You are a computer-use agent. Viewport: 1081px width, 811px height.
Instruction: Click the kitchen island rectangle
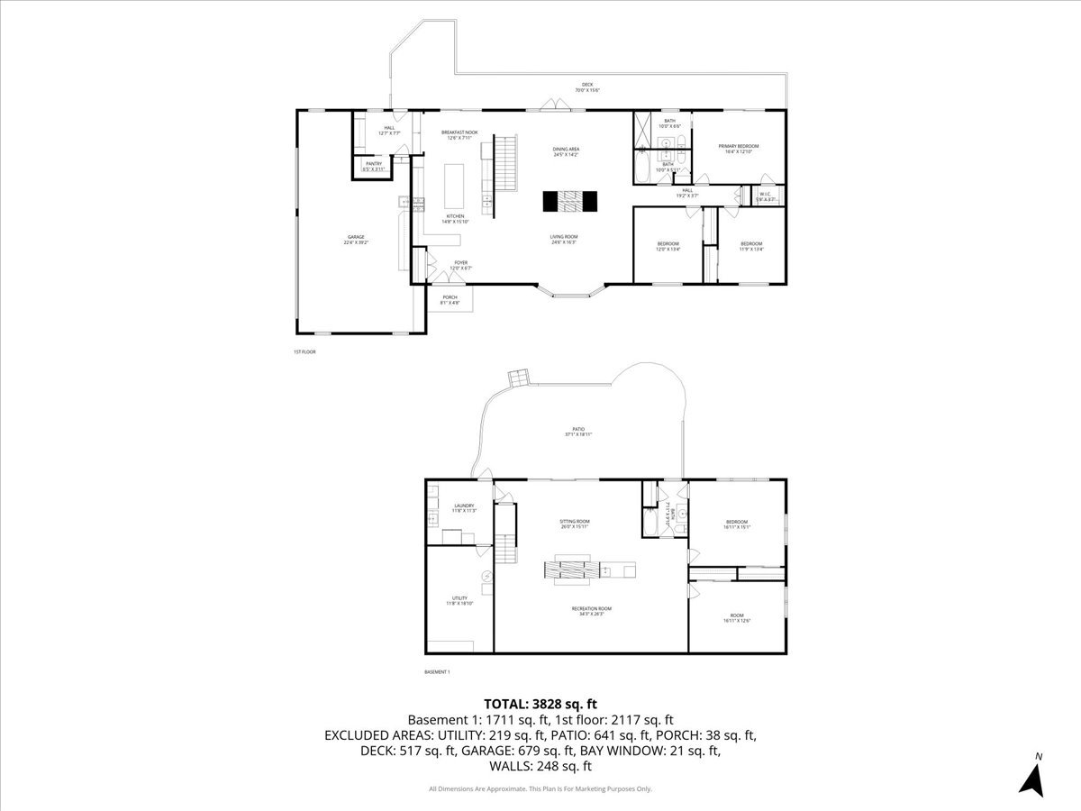pos(455,185)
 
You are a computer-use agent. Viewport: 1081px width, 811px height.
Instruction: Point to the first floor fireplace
pos(569,202)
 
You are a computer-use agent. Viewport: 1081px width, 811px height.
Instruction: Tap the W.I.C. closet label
pos(766,196)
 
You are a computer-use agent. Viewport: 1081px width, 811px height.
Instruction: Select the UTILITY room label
pos(459,601)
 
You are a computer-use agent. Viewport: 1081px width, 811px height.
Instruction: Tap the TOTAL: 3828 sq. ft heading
pos(540,704)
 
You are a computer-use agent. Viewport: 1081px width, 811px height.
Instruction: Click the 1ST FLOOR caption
pos(304,351)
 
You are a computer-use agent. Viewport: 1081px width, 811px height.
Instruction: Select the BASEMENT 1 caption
pos(436,672)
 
